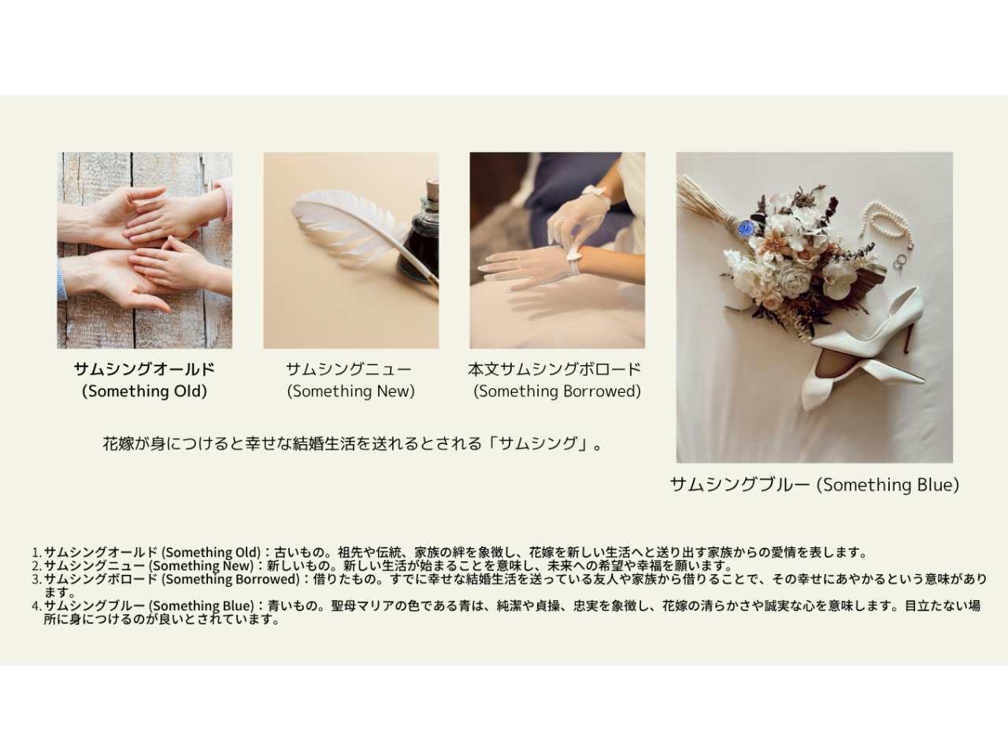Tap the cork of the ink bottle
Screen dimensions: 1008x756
pyautogui.click(x=432, y=189)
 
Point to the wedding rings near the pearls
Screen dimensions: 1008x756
pyautogui.click(x=900, y=261)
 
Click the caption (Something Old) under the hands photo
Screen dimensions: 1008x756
pyautogui.click(x=144, y=391)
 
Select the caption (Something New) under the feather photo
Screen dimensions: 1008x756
pyautogui.click(x=351, y=391)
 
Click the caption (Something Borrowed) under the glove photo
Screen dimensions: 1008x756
pyautogui.click(x=557, y=391)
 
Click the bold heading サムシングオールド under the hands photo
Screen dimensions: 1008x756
pyautogui.click(x=144, y=369)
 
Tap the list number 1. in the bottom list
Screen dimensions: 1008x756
pyautogui.click(x=37, y=552)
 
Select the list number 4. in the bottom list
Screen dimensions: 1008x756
pyautogui.click(x=37, y=606)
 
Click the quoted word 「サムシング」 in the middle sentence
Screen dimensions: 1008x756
pyautogui.click(x=537, y=443)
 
